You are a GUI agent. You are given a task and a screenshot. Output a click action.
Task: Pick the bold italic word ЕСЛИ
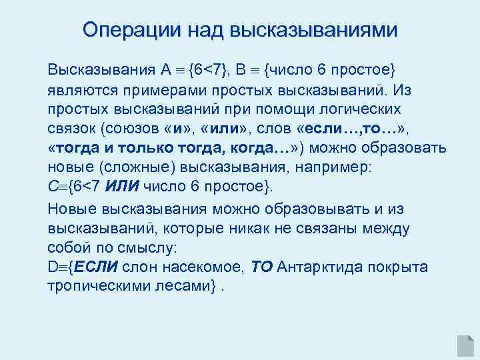pyautogui.click(x=97, y=267)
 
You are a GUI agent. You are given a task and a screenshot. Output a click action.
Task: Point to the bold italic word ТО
pyautogui.click(x=262, y=267)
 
